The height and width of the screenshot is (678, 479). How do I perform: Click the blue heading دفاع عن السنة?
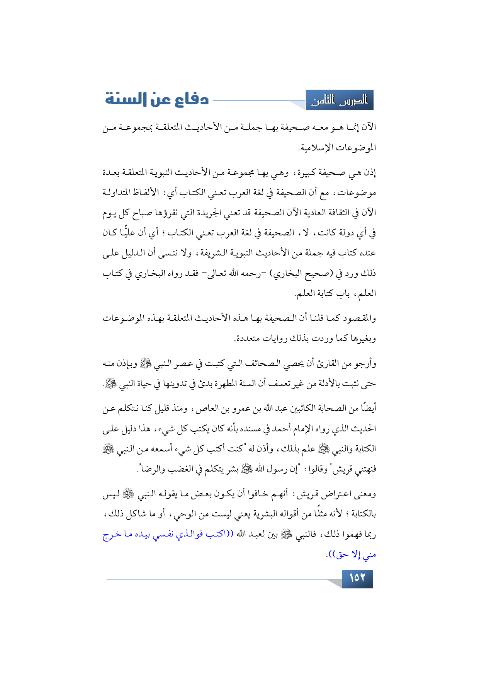point(157,99)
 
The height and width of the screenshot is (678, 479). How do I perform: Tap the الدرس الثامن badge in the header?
point(340,101)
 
